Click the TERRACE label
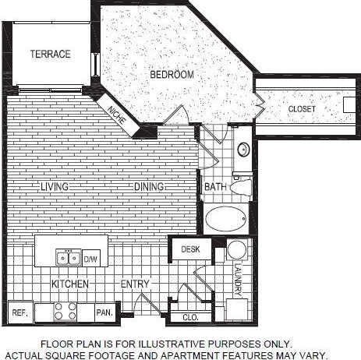coord(51,54)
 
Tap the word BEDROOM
coord(172,75)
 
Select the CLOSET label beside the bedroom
coord(302,109)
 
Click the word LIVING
coord(55,187)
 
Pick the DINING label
coord(147,187)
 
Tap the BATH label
coord(214,187)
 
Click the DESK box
coord(191,249)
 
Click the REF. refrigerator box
coord(19,312)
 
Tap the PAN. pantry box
coord(104,312)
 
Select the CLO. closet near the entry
coord(190,317)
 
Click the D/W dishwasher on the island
coord(90,257)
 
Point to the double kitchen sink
coord(66,257)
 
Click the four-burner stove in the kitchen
coord(65,312)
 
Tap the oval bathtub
coord(227,217)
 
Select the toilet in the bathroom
coord(242,186)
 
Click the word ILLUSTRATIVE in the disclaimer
coord(173,343)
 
